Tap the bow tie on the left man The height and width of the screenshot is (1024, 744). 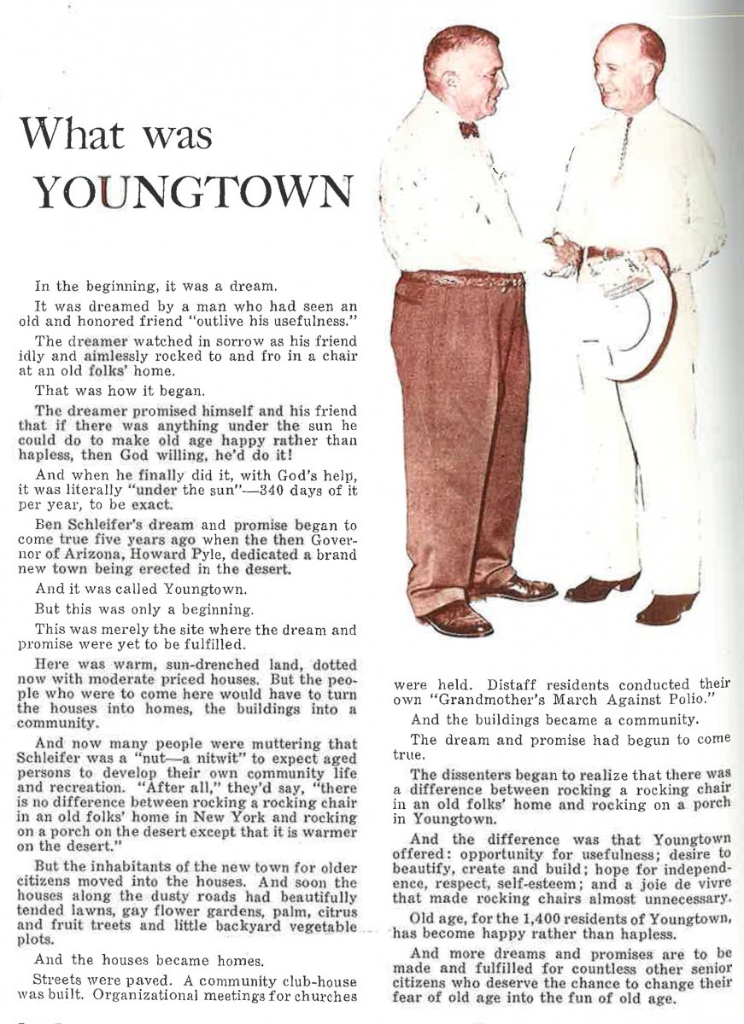467,129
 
